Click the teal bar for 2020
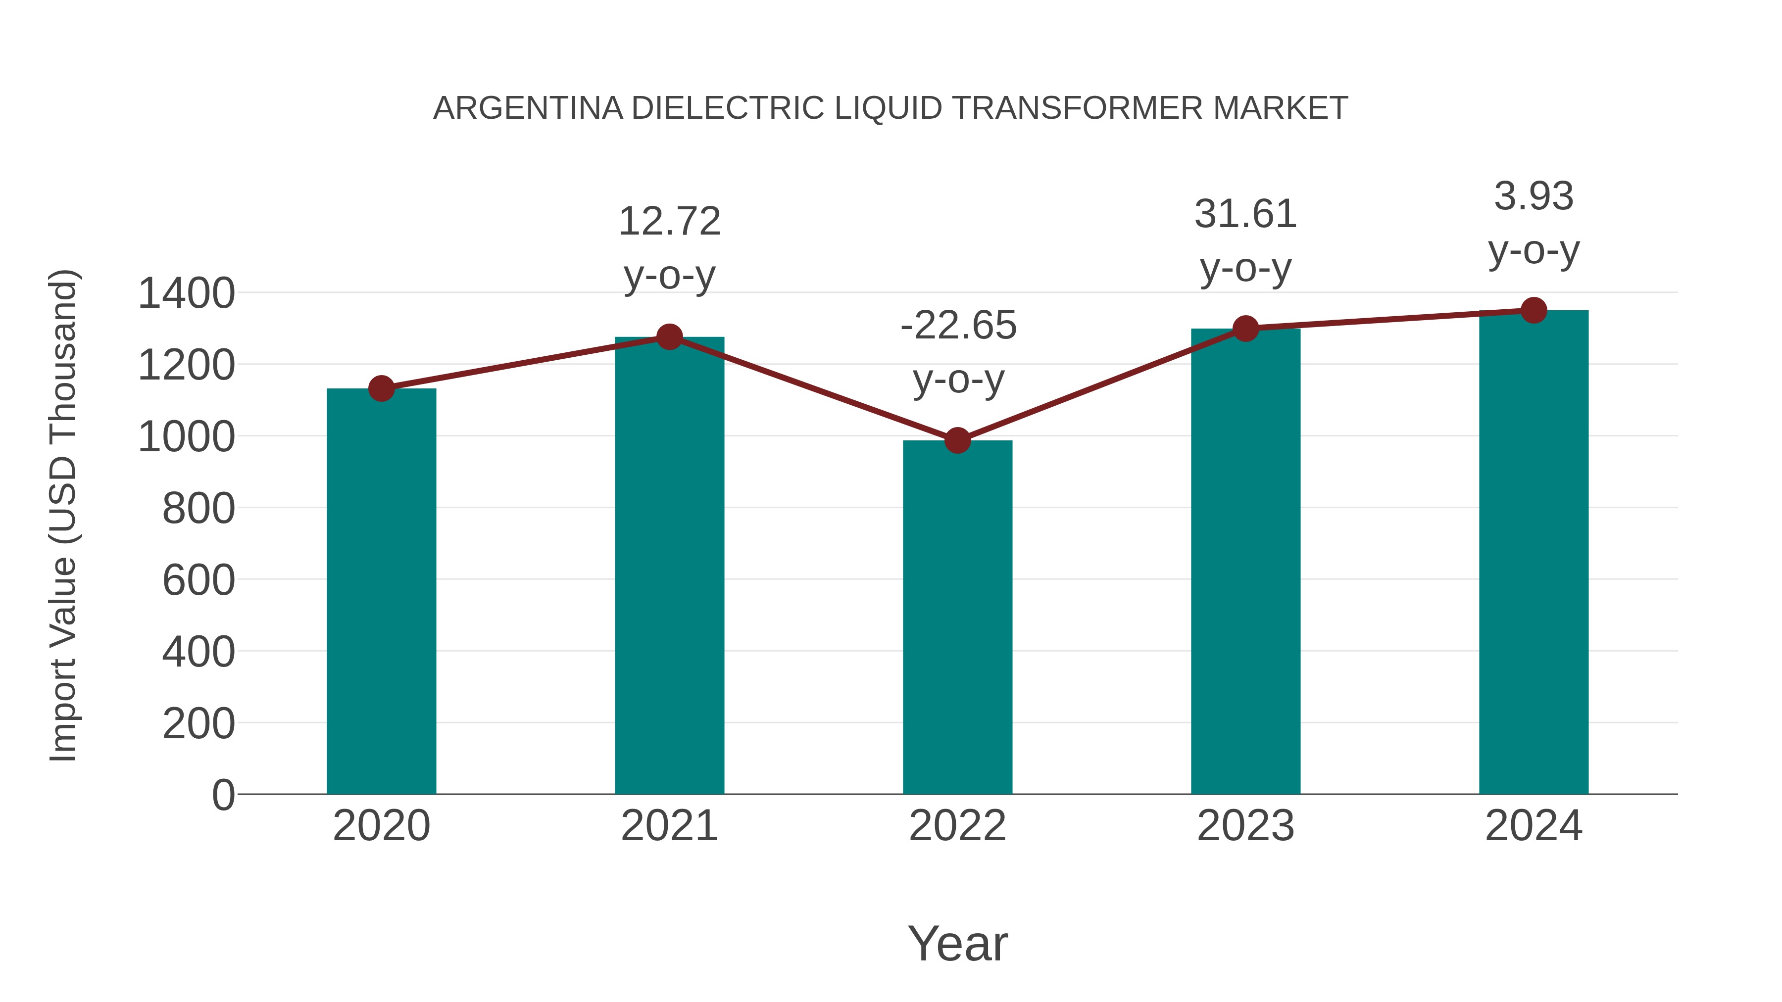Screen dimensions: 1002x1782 381,591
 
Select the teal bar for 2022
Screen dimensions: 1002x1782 957,617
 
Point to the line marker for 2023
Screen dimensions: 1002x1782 1246,329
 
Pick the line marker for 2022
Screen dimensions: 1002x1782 957,440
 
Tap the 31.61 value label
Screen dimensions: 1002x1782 1245,214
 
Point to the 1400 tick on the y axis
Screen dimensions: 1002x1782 187,293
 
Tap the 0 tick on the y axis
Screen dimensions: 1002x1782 223,795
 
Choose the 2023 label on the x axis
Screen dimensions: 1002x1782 1245,826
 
